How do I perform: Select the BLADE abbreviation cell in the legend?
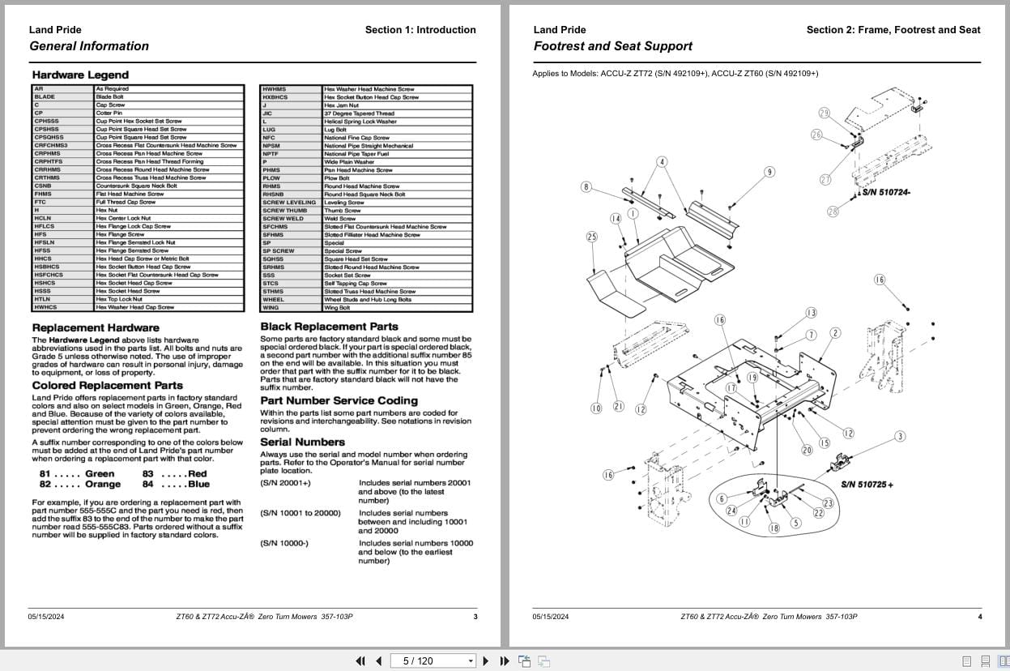tap(45, 96)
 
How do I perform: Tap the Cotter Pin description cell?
tap(109, 113)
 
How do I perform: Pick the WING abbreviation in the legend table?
tap(271, 307)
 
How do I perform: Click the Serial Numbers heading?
tap(302, 442)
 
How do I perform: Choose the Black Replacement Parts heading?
tap(329, 327)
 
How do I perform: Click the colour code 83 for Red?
tap(148, 473)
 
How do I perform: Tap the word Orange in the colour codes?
tap(103, 484)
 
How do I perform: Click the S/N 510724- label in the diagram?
tap(886, 193)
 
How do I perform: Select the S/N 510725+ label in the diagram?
tap(867, 485)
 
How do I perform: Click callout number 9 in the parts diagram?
tap(769, 172)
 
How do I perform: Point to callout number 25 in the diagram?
tap(592, 237)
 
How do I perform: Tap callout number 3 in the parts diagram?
tap(900, 437)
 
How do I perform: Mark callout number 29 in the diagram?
tap(824, 113)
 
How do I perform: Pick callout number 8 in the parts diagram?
tap(586, 187)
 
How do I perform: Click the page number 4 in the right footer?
tap(980, 617)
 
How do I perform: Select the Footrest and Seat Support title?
tap(612, 46)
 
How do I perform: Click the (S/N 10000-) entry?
tap(284, 543)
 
